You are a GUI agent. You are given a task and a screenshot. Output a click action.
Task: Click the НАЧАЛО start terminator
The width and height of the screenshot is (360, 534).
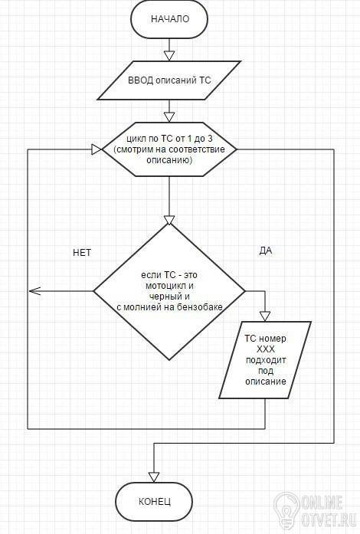point(169,18)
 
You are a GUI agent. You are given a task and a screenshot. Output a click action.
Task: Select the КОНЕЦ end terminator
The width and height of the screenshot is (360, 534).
point(154,501)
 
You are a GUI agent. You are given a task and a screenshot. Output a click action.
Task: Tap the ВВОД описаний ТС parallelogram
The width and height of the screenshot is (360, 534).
point(169,80)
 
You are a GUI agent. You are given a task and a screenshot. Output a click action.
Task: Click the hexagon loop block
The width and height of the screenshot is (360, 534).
point(169,149)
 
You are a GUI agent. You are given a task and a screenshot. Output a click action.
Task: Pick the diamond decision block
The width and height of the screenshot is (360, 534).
point(169,292)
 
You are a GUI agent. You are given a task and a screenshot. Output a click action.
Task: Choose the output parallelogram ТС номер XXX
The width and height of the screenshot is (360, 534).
point(265,360)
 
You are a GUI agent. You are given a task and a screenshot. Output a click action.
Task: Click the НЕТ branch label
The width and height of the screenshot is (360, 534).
point(82,252)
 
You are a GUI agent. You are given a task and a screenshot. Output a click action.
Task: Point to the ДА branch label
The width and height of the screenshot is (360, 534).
point(266,251)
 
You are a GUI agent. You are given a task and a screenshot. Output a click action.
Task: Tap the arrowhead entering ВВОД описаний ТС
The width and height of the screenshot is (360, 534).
point(169,56)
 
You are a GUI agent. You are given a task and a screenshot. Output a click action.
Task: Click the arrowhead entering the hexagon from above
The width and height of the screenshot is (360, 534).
point(169,117)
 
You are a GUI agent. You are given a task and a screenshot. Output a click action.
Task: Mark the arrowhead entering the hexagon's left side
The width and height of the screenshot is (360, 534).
point(97,149)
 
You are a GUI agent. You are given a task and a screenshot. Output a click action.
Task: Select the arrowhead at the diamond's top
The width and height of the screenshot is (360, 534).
point(169,220)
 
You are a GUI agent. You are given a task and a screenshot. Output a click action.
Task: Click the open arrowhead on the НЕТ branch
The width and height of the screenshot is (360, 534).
point(34,291)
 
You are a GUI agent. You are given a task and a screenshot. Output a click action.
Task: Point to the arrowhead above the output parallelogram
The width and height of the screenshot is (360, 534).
point(265,316)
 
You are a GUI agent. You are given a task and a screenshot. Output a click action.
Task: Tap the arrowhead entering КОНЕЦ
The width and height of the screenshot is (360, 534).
point(154,477)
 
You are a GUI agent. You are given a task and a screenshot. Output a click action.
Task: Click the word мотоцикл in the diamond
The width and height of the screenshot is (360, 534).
point(169,286)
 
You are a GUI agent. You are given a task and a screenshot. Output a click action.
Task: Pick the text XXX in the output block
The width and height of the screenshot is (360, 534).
point(266,349)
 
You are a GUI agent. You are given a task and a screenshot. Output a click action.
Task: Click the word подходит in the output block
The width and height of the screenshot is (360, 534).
point(266,360)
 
